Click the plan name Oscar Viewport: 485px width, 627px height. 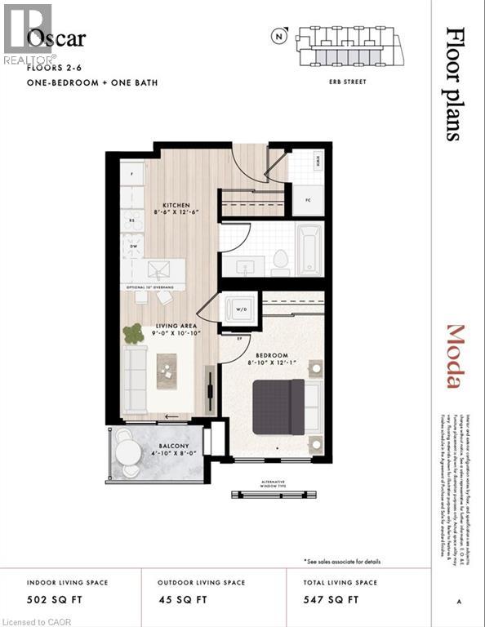[x=56, y=38]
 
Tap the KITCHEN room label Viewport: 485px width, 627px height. [x=176, y=205]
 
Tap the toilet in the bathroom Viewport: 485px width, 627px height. [x=280, y=260]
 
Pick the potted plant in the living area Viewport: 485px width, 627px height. [x=132, y=333]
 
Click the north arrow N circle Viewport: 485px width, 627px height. [x=280, y=35]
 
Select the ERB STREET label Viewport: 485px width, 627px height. [x=347, y=82]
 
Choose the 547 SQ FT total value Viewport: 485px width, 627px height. [x=331, y=600]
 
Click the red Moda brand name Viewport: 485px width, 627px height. [x=455, y=357]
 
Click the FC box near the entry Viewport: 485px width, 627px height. [x=308, y=200]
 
